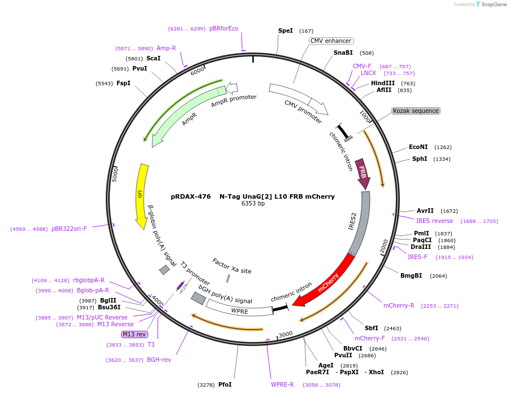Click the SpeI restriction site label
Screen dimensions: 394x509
(286, 30)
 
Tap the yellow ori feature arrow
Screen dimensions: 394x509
(141, 195)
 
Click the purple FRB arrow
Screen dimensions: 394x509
(363, 173)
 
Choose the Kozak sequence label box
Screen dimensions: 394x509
(416, 111)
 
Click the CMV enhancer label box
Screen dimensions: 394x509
(331, 41)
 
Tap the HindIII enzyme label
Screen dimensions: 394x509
(383, 83)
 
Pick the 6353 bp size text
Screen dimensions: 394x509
(253, 203)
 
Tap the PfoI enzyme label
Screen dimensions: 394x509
(225, 384)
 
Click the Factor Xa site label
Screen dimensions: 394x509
(232, 266)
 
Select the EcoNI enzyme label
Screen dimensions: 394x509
(419, 147)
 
